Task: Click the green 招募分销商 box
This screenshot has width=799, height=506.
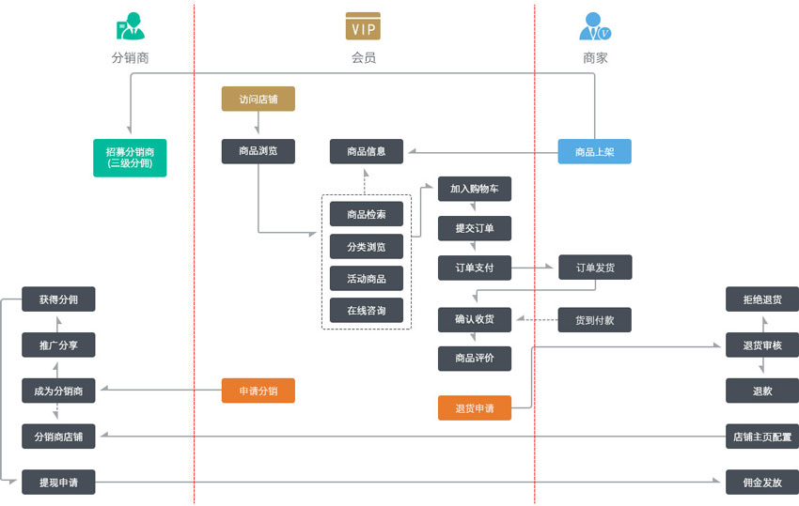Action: point(130,158)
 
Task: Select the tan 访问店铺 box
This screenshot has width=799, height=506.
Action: point(258,99)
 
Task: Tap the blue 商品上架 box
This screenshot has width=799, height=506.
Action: point(594,151)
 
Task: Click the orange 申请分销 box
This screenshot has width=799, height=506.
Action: point(258,391)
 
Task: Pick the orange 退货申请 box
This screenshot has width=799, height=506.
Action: point(475,408)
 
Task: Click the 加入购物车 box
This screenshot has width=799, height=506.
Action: point(475,189)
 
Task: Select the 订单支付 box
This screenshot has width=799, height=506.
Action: point(475,268)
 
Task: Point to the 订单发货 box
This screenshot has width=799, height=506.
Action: point(595,268)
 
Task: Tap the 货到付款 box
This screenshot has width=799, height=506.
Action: point(595,320)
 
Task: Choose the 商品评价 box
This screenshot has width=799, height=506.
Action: point(475,359)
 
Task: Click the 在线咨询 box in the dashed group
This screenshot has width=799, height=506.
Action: point(367,310)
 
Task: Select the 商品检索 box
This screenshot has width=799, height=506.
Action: point(367,214)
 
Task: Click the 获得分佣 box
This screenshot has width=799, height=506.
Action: point(58,299)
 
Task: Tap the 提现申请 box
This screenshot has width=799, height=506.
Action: point(58,483)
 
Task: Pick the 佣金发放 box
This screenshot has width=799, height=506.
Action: point(761,483)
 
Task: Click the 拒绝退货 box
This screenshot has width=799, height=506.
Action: point(761,299)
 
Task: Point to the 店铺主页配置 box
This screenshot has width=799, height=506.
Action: point(761,437)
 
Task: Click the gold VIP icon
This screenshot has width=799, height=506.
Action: point(363,26)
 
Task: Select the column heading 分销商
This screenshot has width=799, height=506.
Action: point(130,58)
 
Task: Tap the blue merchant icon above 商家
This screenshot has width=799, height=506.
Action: point(595,26)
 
